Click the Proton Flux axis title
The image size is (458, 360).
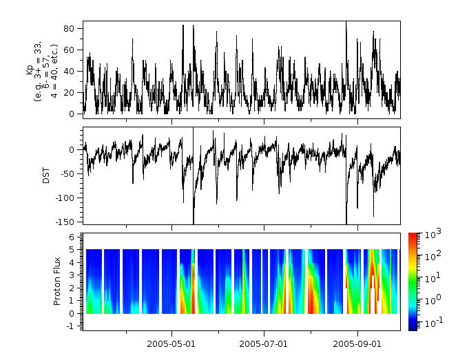(x=58, y=282)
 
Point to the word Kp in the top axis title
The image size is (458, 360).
(x=30, y=70)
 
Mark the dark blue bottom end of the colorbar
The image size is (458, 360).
(x=413, y=328)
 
